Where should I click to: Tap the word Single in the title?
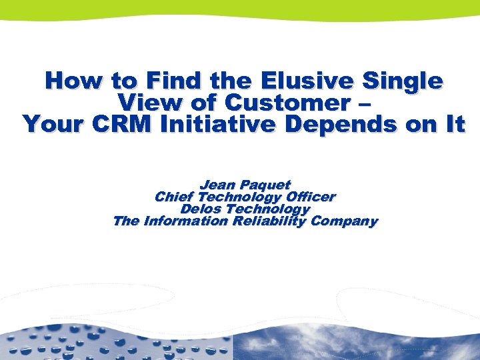pyautogui.click(x=403, y=81)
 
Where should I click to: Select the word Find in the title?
pyautogui.click(x=174, y=81)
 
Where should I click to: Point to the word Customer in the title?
pyautogui.click(x=283, y=103)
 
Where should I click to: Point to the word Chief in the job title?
pyautogui.click(x=175, y=197)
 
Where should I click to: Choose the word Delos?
pyautogui.click(x=201, y=209)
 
